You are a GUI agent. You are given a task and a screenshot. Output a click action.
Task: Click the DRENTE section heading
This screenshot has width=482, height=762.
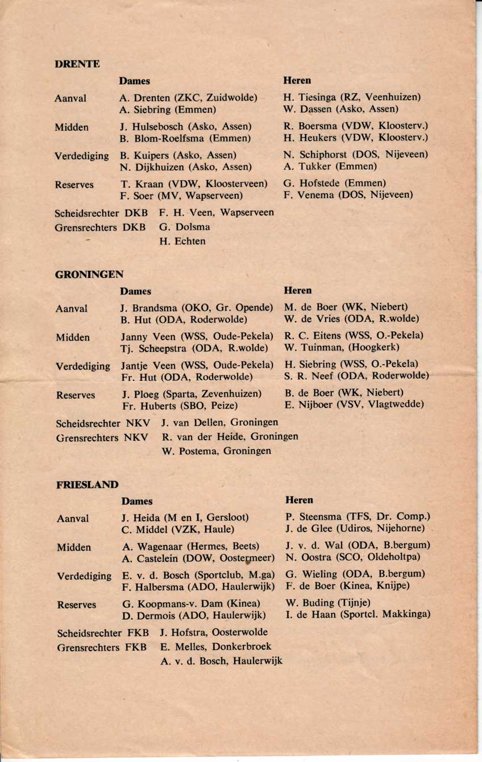(77, 64)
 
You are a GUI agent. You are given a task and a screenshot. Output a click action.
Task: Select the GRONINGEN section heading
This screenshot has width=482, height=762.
(89, 275)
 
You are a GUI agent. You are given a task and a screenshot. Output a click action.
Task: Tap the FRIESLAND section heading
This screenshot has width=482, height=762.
(88, 485)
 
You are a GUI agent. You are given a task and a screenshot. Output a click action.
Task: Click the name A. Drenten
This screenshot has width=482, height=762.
(145, 98)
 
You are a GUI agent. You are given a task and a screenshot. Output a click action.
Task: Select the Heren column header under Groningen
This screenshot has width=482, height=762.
(298, 291)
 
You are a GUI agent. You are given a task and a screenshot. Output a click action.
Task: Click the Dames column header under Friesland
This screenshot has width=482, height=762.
(137, 502)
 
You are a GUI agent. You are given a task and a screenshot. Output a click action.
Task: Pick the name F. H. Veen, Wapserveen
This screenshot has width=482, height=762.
(217, 213)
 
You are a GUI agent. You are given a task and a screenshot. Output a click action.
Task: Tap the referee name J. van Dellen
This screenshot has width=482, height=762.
(191, 423)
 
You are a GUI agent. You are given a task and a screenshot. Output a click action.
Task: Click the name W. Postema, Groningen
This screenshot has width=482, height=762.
(217, 451)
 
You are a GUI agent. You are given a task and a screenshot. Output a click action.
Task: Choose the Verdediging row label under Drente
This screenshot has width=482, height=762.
(82, 155)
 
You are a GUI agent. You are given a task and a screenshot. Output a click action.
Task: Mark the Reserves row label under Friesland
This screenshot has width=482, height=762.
(76, 605)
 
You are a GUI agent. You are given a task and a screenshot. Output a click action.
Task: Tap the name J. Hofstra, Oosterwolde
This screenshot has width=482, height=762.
(214, 632)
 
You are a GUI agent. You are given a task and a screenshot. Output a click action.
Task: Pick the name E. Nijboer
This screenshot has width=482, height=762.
(310, 404)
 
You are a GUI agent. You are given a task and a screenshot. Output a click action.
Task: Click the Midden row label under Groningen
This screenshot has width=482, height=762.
(73, 338)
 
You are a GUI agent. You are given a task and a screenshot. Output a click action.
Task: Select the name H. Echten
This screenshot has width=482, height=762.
(182, 241)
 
